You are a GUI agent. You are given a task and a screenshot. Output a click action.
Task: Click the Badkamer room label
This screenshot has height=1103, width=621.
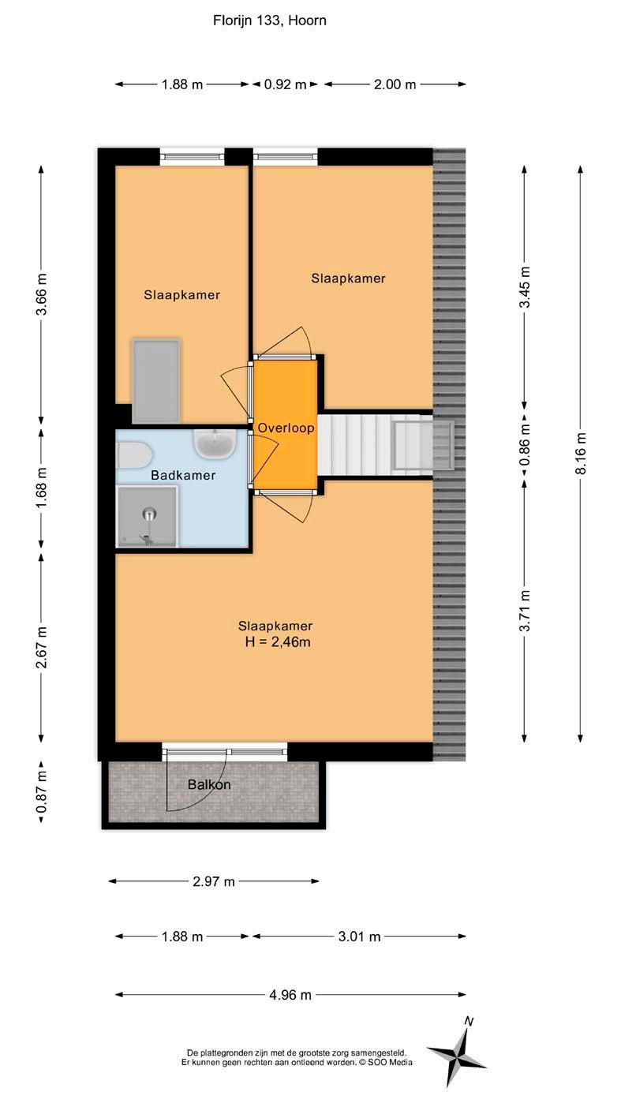tap(183, 475)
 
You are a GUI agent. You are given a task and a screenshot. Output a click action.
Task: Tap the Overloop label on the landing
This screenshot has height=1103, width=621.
tap(286, 428)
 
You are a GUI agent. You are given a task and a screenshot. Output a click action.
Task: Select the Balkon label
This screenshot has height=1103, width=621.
tap(209, 784)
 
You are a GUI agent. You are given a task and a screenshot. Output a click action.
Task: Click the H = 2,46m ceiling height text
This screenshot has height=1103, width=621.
tap(278, 642)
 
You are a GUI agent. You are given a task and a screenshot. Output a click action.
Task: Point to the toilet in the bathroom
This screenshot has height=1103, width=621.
tap(133, 455)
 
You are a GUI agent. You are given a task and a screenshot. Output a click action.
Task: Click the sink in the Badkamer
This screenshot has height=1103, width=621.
tap(215, 443)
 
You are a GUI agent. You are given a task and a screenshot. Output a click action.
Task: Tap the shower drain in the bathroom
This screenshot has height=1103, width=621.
tap(149, 514)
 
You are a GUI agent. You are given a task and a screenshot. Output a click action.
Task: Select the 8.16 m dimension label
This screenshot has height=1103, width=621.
tap(581, 453)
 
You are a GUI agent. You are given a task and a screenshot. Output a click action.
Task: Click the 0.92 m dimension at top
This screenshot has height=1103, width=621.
tap(285, 84)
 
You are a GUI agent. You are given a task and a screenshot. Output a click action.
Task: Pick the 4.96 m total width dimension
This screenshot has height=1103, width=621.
tap(290, 995)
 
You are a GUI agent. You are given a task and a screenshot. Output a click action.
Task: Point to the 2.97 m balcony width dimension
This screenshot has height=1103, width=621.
tap(213, 881)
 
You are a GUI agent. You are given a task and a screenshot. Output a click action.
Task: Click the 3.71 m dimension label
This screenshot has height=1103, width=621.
tap(525, 611)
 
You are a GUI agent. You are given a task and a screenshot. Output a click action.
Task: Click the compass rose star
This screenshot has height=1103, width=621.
tap(457, 1055)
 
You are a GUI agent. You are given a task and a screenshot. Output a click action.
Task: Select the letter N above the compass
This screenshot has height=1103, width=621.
tap(469, 1022)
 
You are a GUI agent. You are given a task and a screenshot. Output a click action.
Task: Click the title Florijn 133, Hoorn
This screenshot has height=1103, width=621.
tap(269, 21)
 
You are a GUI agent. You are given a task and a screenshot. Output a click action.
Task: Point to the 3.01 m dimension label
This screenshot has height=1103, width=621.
tap(359, 937)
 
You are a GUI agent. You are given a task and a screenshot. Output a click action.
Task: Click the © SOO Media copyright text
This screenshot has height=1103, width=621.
tap(386, 1063)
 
